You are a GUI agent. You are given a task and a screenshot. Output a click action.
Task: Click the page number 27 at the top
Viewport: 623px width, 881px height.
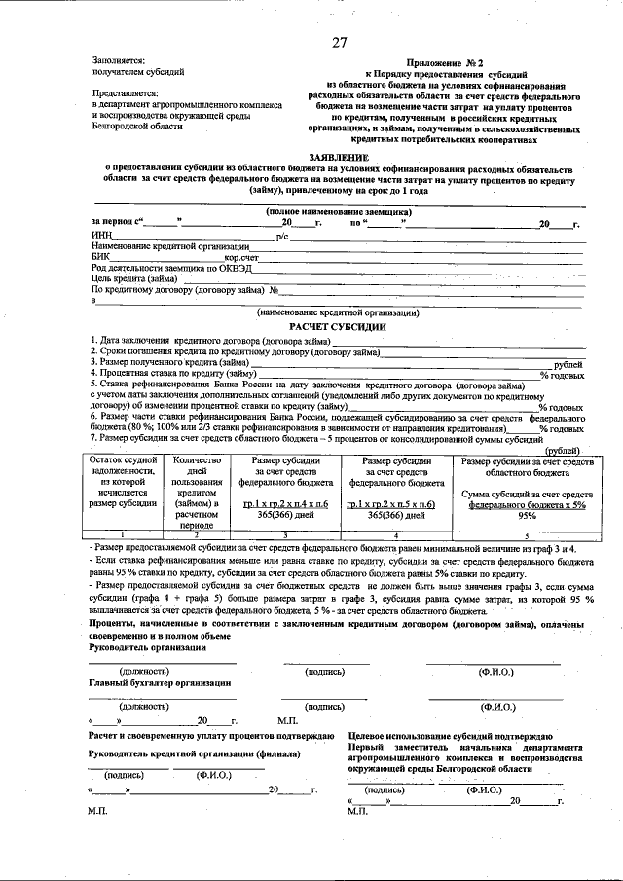(x=339, y=42)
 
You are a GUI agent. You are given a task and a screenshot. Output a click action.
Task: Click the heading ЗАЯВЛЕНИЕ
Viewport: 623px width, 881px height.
(x=339, y=156)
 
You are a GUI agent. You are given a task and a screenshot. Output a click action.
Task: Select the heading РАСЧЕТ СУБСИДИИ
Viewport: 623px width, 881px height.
(x=339, y=327)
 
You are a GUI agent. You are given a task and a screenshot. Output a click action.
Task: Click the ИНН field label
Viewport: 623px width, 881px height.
(x=101, y=236)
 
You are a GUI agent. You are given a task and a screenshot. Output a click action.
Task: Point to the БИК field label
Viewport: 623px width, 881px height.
(x=101, y=257)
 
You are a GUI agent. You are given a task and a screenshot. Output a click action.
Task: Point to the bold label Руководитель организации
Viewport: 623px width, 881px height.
(x=147, y=647)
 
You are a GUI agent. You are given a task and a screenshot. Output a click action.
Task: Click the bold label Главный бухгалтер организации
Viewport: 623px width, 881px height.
(x=160, y=683)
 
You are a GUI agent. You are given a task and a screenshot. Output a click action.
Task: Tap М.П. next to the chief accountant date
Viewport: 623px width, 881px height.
(x=288, y=721)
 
